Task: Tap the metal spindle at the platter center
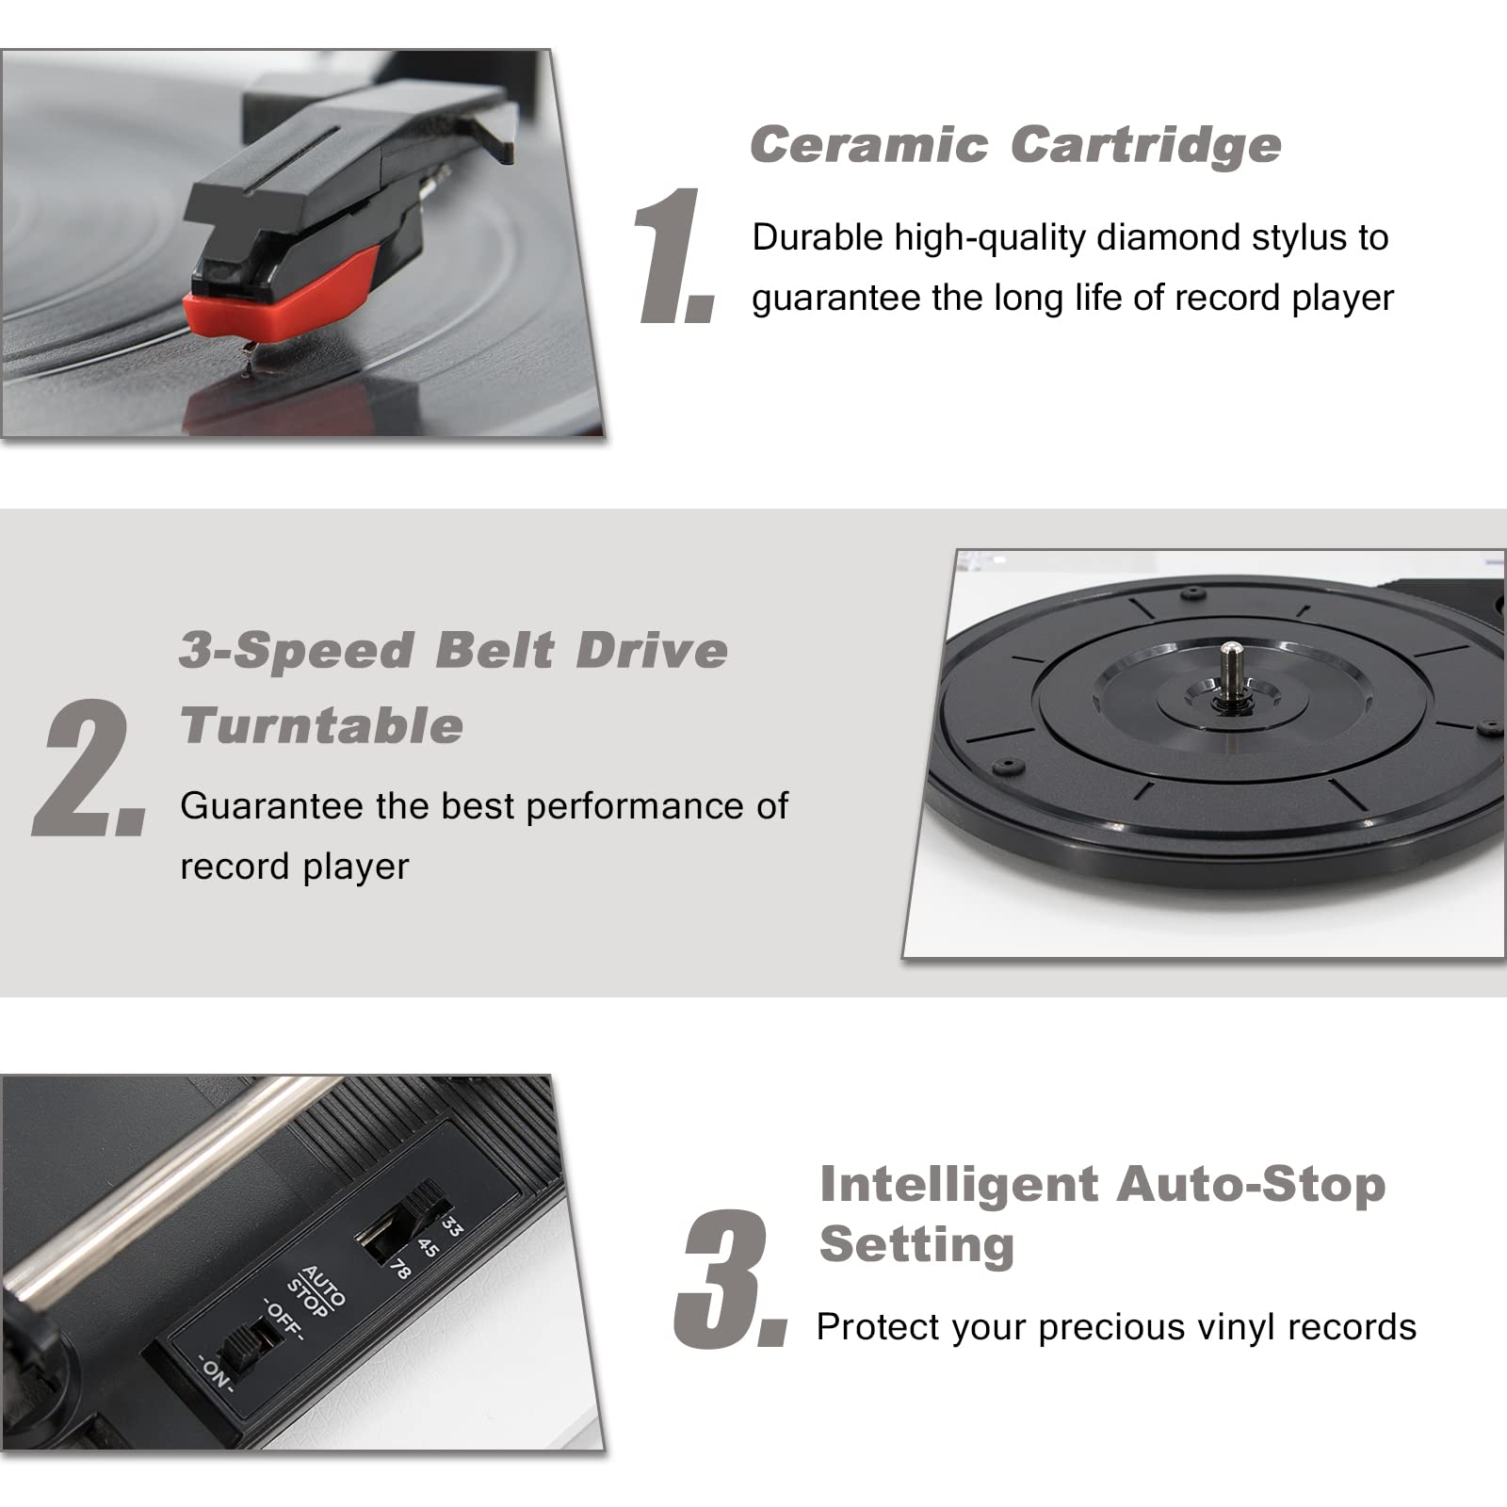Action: tap(1231, 671)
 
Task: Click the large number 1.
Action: tap(673, 256)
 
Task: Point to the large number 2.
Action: tap(89, 768)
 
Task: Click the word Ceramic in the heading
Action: tap(868, 145)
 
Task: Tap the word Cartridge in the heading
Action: tap(1145, 145)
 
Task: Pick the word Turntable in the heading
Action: tap(321, 726)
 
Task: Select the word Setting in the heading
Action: tap(916, 1244)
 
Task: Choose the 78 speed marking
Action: tap(400, 1270)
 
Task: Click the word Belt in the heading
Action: tap(494, 651)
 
